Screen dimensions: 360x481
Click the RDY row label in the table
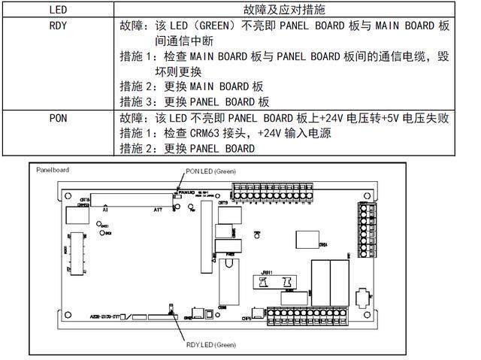coord(57,25)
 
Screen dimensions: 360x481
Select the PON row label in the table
coord(57,118)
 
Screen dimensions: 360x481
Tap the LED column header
coord(57,10)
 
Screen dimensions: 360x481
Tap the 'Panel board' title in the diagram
coord(53,171)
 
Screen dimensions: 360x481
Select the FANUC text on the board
coord(189,192)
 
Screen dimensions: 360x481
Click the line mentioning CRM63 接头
coord(225,133)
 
